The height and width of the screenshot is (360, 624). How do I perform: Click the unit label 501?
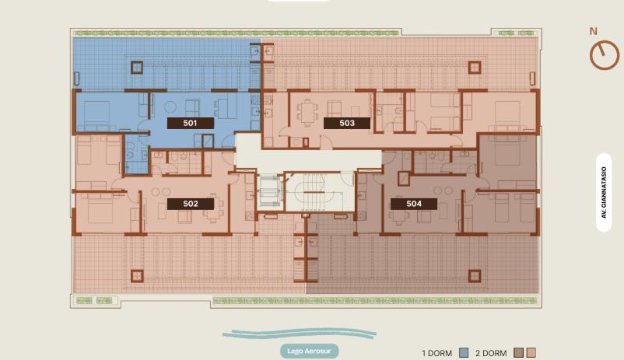(190, 123)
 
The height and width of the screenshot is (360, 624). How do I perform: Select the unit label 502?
(190, 204)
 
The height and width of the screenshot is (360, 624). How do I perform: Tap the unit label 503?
(346, 123)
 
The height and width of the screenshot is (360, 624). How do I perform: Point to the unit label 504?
(414, 204)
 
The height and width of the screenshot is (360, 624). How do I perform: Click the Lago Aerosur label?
(309, 351)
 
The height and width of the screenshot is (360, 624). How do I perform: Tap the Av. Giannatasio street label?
(604, 193)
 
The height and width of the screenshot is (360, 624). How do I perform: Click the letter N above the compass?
(594, 31)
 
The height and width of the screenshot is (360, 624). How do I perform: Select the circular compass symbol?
(604, 55)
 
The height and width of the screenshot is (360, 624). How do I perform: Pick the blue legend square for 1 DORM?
(464, 352)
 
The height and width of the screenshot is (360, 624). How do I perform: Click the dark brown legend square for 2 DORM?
(518, 352)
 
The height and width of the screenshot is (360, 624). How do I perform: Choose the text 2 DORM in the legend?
(491, 353)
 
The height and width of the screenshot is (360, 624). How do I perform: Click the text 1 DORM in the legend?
(437, 353)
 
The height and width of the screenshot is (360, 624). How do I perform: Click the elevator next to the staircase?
(270, 192)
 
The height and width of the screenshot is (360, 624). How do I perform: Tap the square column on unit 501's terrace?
(137, 68)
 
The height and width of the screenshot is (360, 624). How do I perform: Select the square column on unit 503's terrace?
(475, 68)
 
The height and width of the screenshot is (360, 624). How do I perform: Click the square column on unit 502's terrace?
(137, 276)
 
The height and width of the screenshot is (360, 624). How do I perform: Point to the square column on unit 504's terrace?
(475, 276)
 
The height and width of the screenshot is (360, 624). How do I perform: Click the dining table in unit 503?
(307, 112)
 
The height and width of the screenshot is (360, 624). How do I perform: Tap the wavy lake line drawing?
(300, 334)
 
